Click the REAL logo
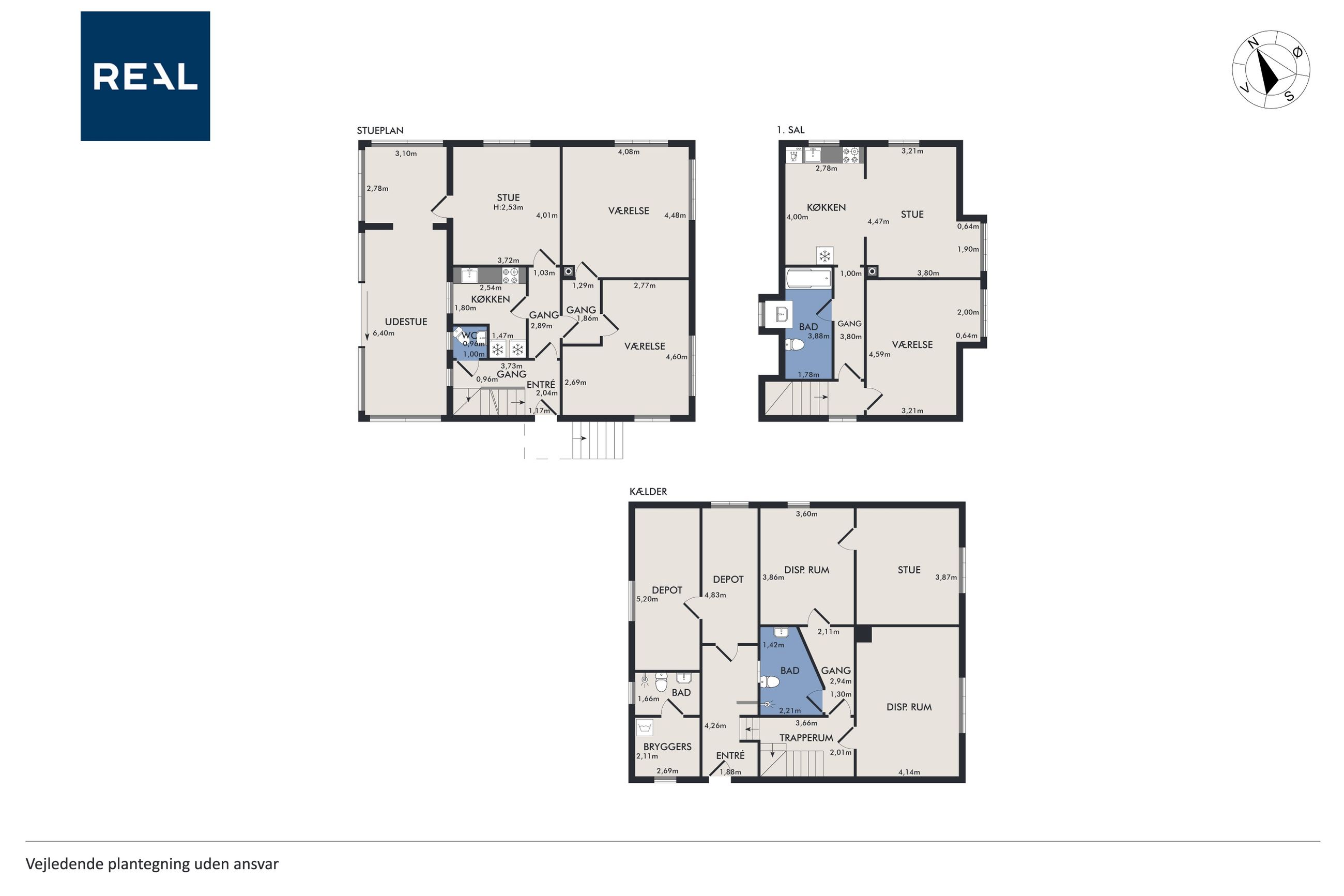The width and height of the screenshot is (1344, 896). [x=145, y=76]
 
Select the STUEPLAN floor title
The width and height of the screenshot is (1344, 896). [x=380, y=130]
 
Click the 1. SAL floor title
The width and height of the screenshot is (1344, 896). [x=790, y=130]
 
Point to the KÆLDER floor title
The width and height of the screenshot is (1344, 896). [x=648, y=491]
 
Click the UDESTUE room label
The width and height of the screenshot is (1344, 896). [x=406, y=322]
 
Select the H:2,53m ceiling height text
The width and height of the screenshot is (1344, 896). [x=508, y=207]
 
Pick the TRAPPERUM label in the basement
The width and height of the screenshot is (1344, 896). [x=806, y=738]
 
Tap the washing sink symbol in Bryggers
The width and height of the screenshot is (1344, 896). [x=646, y=727]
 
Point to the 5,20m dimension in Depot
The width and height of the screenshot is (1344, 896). [x=647, y=599]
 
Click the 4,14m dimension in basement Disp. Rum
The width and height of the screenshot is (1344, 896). [x=909, y=772]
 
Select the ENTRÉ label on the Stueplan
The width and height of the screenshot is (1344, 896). [x=540, y=385]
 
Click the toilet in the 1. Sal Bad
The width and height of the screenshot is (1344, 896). [x=795, y=344]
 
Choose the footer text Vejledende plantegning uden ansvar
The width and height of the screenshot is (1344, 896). [x=152, y=863]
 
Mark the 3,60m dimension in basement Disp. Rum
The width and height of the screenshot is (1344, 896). [x=806, y=514]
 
